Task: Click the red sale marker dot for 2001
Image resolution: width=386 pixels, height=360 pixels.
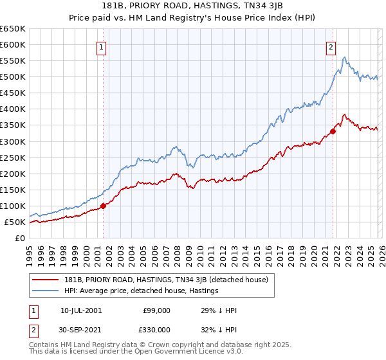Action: tap(103, 206)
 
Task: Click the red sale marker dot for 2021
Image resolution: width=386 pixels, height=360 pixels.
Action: tap(333, 132)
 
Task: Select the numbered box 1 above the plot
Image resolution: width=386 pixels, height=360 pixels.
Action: tap(102, 46)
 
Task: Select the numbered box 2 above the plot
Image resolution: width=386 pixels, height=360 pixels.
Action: tap(331, 46)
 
